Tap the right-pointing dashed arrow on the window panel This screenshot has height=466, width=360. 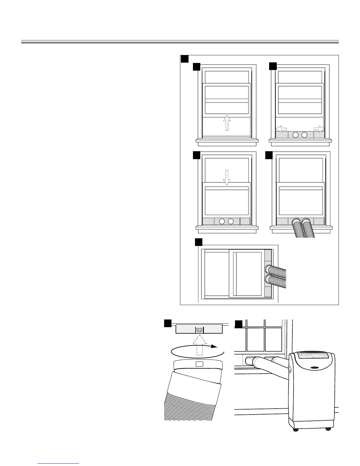[x=319, y=129]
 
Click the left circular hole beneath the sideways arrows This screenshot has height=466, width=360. [x=296, y=135]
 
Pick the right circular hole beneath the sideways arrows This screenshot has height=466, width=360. [x=304, y=135]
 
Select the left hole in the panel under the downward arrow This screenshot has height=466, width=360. [x=222, y=221]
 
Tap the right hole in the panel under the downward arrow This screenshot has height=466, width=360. [x=231, y=221]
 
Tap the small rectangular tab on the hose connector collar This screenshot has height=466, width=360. [x=199, y=364]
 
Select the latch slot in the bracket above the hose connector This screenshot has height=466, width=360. [x=199, y=330]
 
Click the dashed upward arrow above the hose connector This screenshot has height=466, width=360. [x=199, y=344]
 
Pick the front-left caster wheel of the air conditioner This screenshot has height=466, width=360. [x=296, y=430]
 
